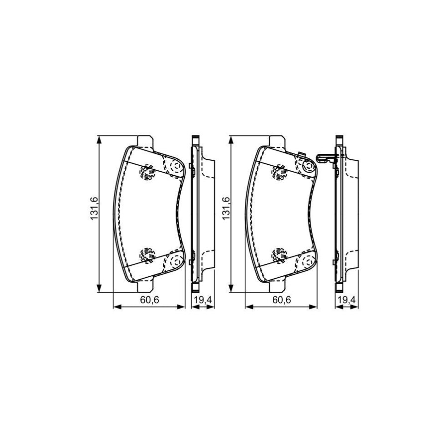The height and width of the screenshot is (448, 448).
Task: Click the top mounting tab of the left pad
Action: tap(145, 141)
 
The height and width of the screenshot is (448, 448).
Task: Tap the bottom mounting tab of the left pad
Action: tap(145, 287)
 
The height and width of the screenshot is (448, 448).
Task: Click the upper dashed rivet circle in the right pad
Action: tap(279, 173)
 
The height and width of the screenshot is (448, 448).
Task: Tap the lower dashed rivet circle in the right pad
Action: tap(279, 254)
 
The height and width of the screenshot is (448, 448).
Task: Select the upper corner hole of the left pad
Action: tap(175, 167)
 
